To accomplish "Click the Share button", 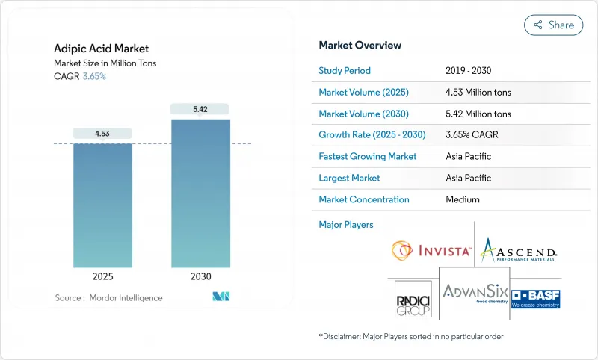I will (553, 25).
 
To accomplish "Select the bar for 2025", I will (102, 205).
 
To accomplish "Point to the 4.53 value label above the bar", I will (102, 134).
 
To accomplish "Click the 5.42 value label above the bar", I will (200, 109).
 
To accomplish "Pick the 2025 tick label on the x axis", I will (102, 276).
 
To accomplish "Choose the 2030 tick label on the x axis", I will (200, 276).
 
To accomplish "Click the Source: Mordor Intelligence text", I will (108, 297).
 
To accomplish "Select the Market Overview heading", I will (360, 45).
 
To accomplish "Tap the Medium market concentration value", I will (462, 199).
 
